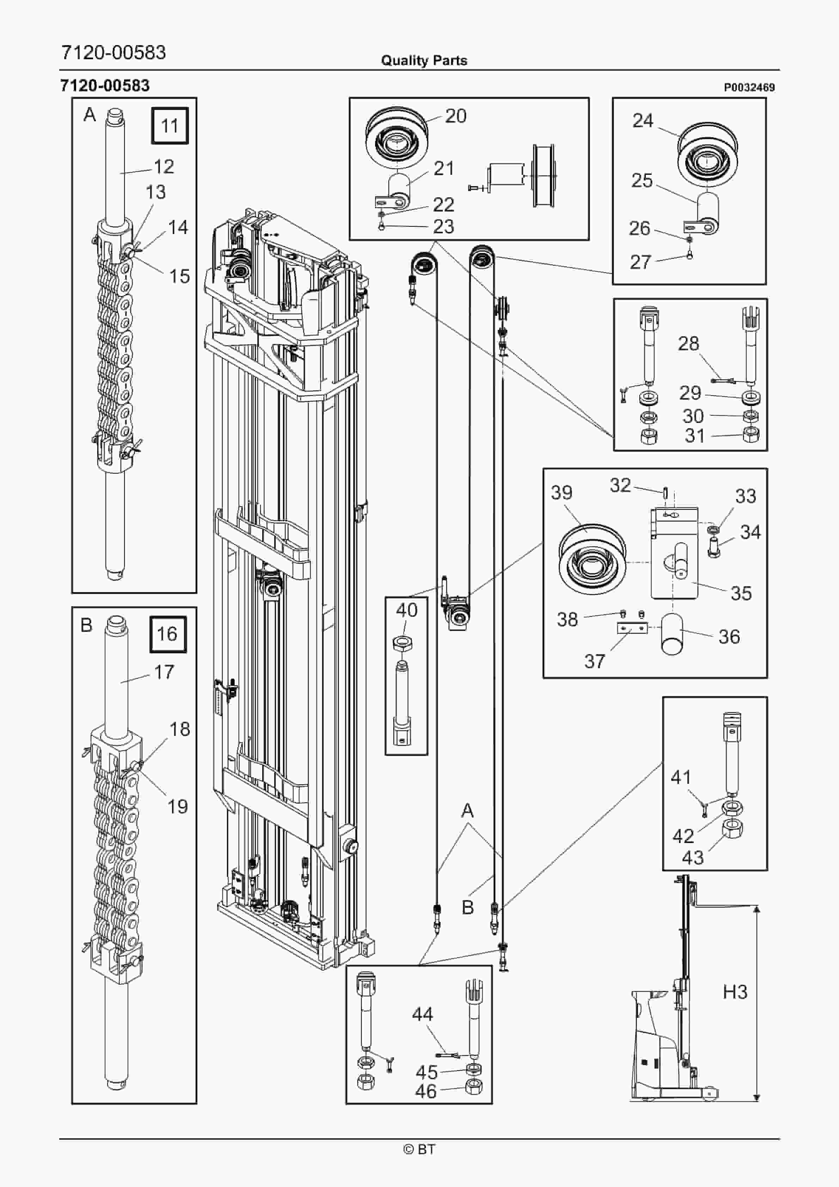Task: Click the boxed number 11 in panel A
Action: pos(170,125)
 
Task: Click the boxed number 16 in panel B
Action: pos(167,634)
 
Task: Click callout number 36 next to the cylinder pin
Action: pos(729,637)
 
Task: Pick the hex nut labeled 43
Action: pos(733,829)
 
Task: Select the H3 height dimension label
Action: pos(735,992)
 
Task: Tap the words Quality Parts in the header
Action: pos(424,61)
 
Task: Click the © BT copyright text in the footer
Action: pos(419,1149)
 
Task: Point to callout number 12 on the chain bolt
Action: pos(164,166)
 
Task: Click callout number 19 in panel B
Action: pos(177,806)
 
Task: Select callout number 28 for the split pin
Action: pos(688,343)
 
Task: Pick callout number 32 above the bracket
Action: pos(620,485)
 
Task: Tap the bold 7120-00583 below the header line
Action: pos(105,85)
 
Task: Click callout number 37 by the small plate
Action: pos(594,661)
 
